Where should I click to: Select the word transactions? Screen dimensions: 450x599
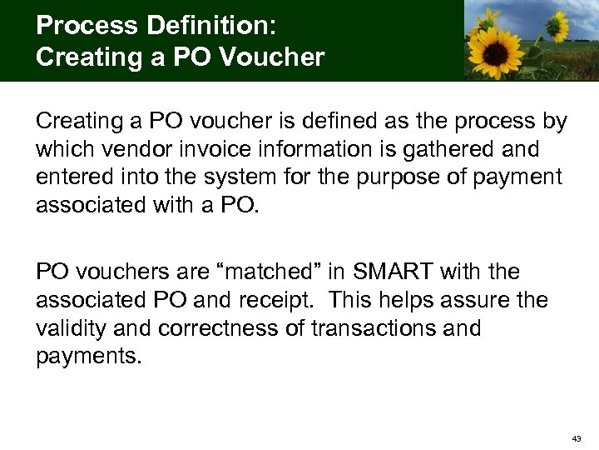pyautogui.click(x=374, y=327)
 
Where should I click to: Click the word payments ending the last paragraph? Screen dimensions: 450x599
pyautogui.click(x=89, y=356)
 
